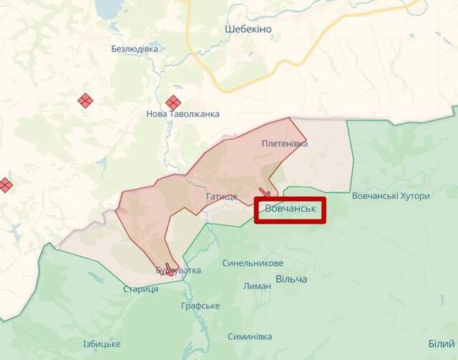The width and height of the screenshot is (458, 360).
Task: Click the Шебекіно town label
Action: pyautogui.click(x=248, y=29)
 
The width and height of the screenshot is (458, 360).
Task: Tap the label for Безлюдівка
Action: pyautogui.click(x=135, y=49)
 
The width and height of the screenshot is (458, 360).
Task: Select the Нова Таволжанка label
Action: pyautogui.click(x=182, y=114)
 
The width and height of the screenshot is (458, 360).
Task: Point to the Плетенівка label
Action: pyautogui.click(x=285, y=144)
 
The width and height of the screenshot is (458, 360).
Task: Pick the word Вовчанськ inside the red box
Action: pyautogui.click(x=290, y=209)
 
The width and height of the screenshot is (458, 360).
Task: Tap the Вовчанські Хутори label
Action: pyautogui.click(x=391, y=196)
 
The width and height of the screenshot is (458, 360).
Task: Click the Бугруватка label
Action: pyautogui.click(x=178, y=271)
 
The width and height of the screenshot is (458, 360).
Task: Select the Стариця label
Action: pyautogui.click(x=140, y=288)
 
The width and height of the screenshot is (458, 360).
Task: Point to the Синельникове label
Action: pyautogui.click(x=253, y=263)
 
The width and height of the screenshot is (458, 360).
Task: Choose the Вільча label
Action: pyautogui.click(x=291, y=278)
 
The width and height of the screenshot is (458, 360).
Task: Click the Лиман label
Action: pyautogui.click(x=257, y=286)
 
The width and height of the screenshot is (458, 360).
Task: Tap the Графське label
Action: pyautogui.click(x=200, y=306)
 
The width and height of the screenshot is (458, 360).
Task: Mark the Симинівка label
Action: pyautogui.click(x=250, y=336)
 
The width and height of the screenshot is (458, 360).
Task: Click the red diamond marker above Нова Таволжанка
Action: pyautogui.click(x=172, y=103)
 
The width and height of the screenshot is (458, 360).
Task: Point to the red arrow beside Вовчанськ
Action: pyautogui.click(x=265, y=192)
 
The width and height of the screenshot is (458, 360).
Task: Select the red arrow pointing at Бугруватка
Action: pyautogui.click(x=170, y=267)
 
